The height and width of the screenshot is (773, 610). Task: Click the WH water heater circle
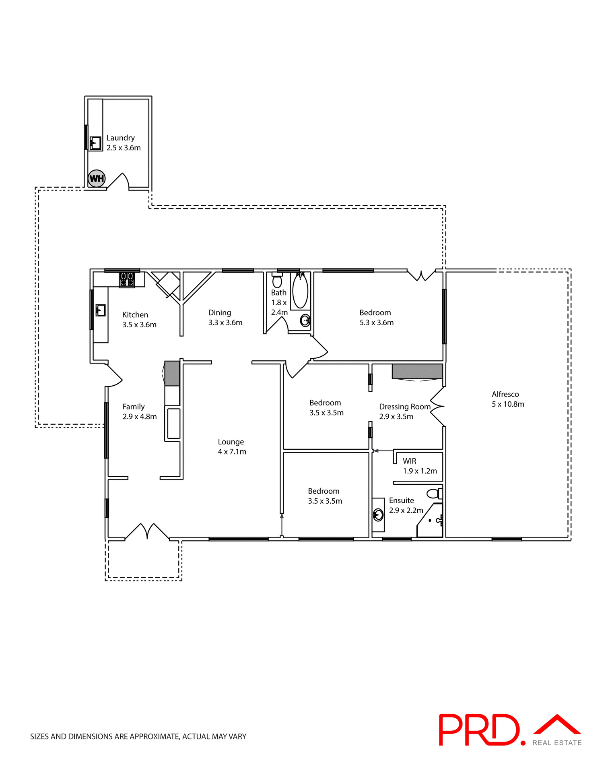97,178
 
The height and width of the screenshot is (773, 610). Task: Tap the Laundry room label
120,138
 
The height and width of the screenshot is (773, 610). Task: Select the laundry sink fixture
95,143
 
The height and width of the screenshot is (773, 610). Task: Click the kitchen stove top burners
127,279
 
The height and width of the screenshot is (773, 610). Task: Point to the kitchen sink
100,310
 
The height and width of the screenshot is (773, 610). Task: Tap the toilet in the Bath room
277,280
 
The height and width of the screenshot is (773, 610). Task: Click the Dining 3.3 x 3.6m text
225,318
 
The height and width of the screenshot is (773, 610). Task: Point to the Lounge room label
231,442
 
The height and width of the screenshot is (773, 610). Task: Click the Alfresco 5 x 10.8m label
507,399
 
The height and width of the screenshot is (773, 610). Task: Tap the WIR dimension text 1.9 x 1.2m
420,471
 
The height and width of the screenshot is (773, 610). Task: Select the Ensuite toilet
434,493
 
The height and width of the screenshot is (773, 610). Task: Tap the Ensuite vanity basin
378,515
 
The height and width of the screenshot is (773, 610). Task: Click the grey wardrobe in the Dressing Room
417,371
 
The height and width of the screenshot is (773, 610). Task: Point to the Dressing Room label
404,407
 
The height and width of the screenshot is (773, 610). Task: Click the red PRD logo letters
478,730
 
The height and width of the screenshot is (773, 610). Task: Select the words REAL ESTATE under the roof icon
557,743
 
